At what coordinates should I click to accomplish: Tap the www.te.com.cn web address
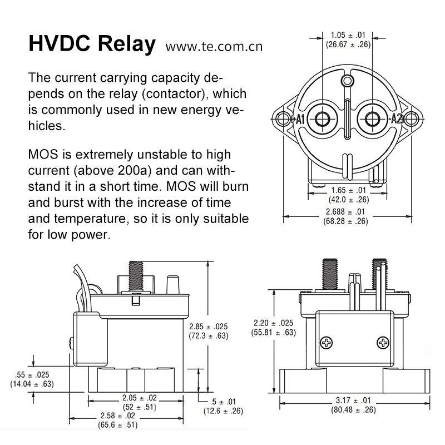[214, 46]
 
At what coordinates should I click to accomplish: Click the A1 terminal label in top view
[299, 118]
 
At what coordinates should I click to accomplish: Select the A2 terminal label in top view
[397, 118]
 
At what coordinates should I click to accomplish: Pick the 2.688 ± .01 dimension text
[348, 212]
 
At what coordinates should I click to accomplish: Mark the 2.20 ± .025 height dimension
[273, 323]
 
